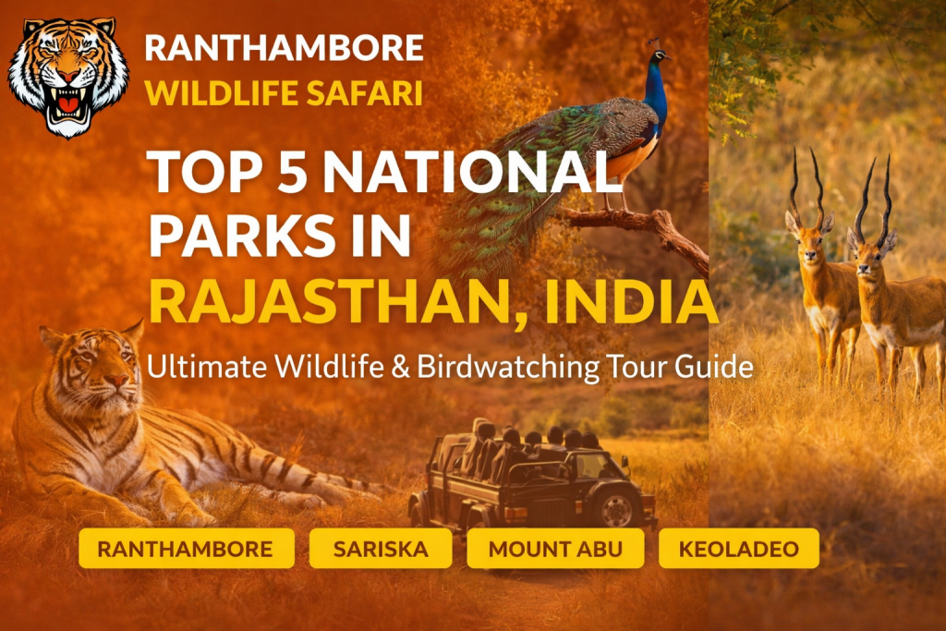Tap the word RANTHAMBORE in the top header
point(284,48)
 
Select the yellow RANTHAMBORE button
point(186,549)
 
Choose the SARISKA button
point(381,549)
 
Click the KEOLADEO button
point(738,549)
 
